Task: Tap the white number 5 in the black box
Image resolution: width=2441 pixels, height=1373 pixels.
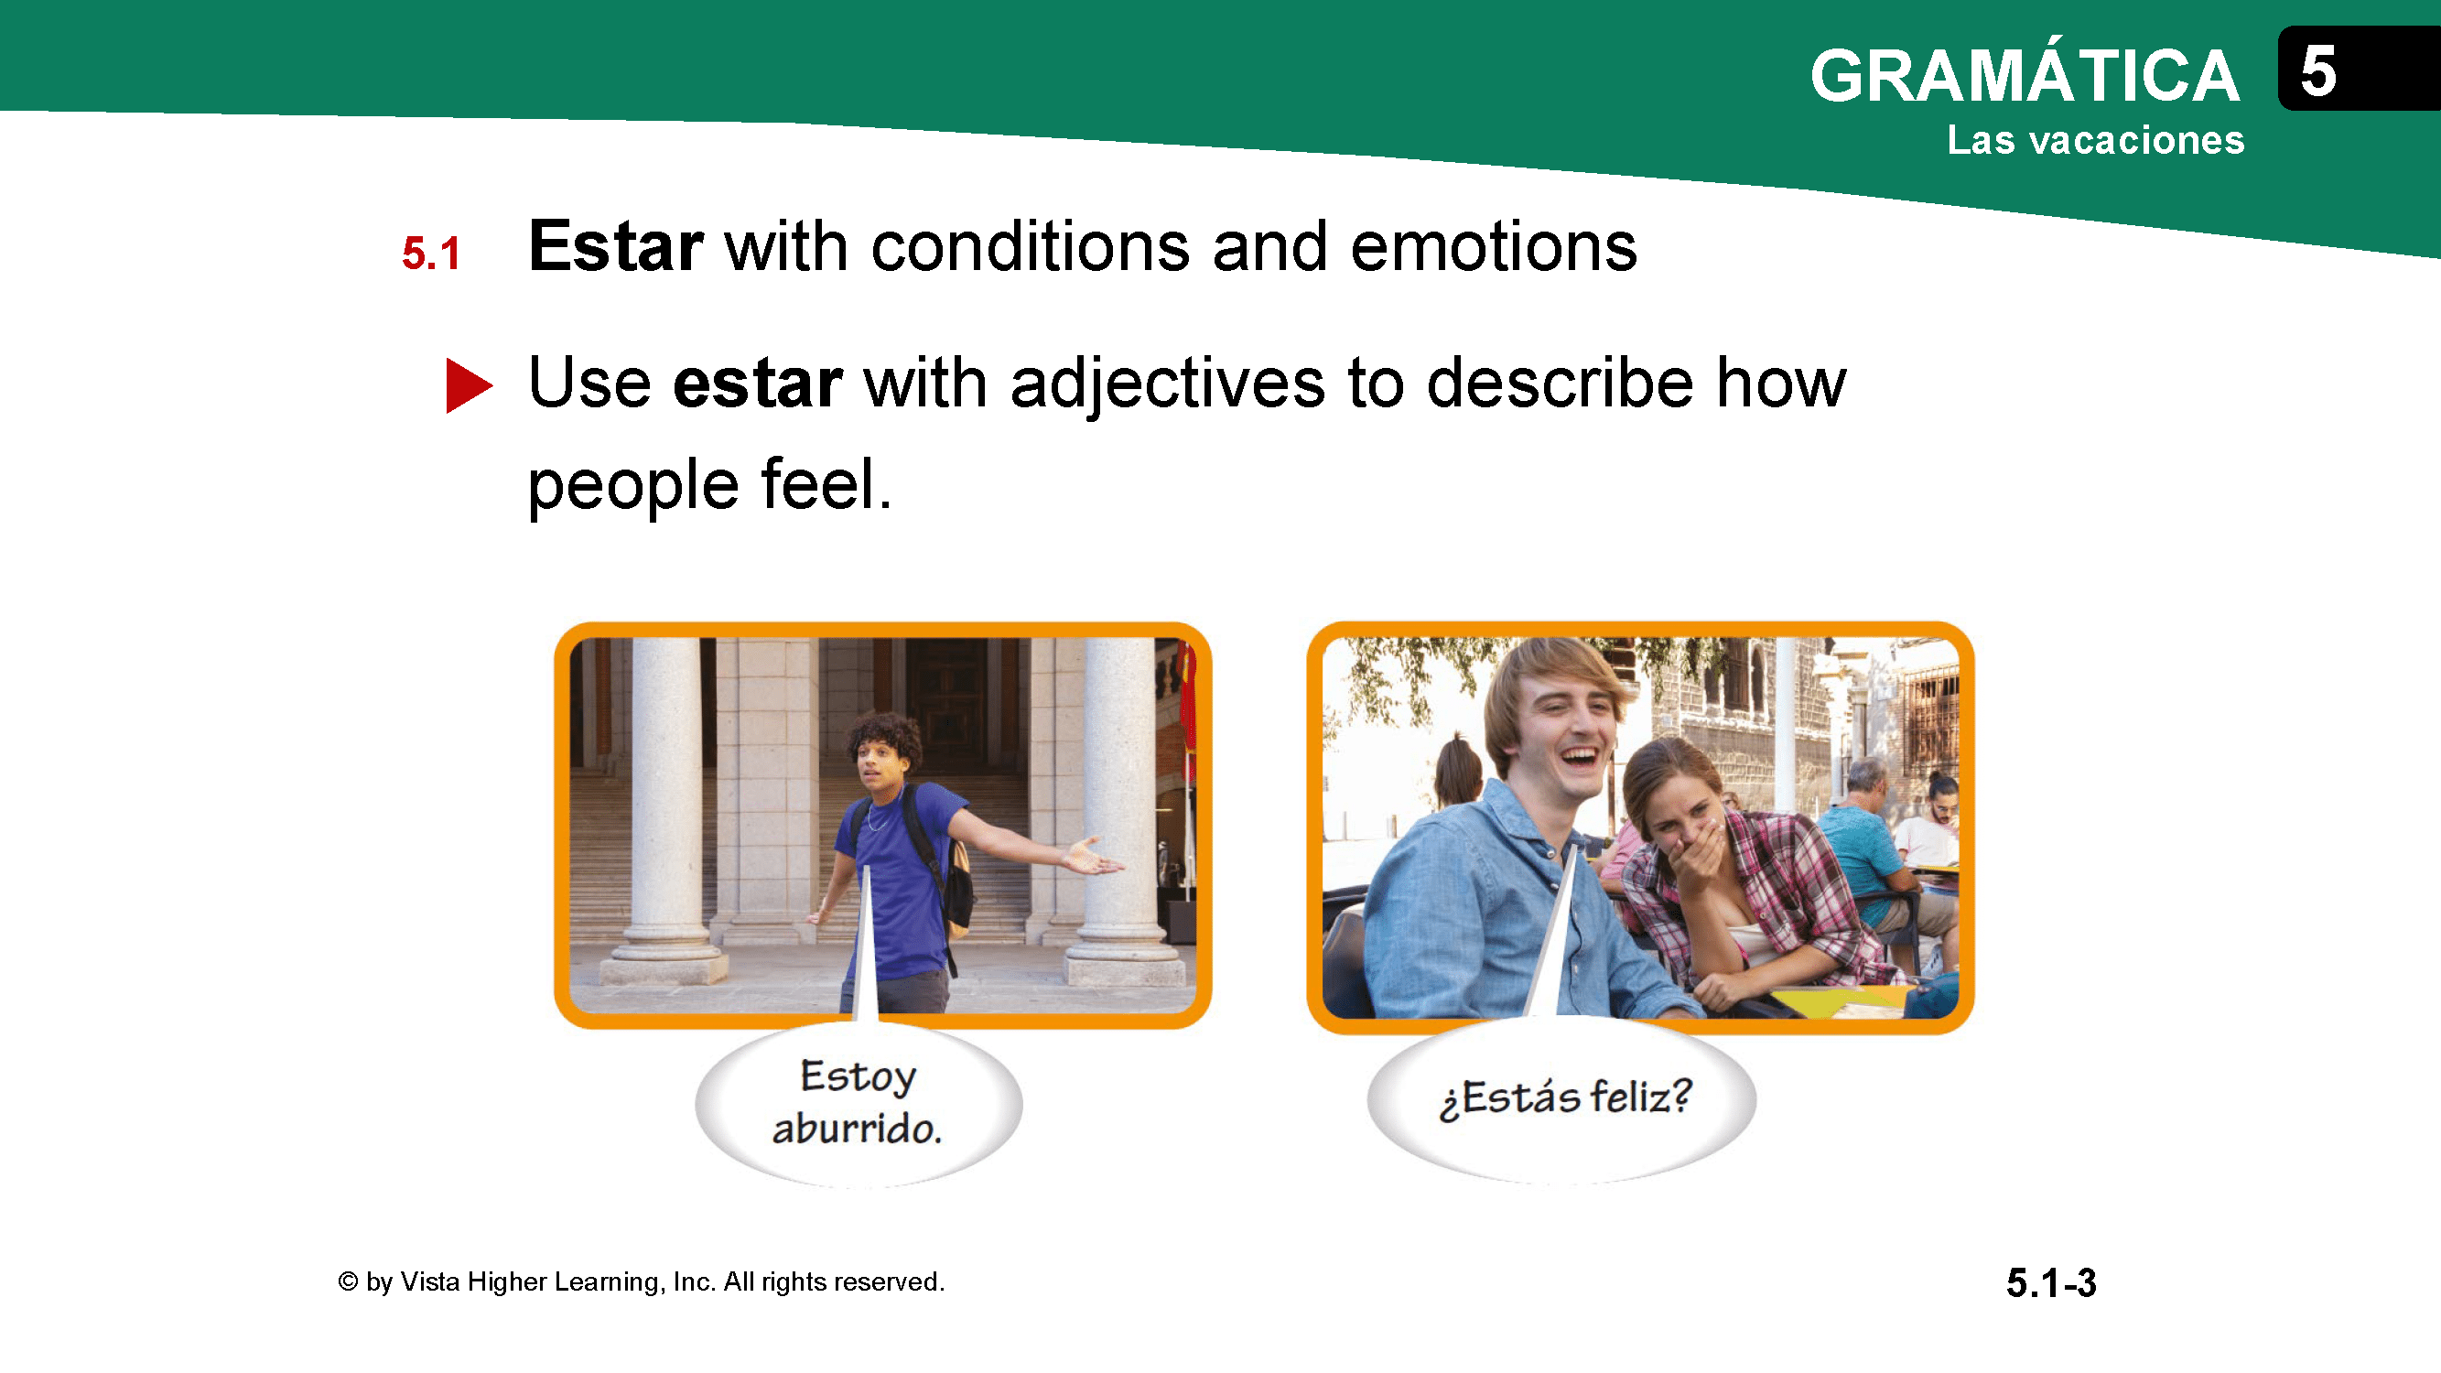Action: click(x=2317, y=71)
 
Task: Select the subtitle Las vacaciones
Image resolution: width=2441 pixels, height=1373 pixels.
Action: click(x=2095, y=140)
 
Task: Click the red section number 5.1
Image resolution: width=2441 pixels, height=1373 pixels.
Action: click(x=431, y=253)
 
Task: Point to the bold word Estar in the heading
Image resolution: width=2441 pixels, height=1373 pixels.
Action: click(x=616, y=246)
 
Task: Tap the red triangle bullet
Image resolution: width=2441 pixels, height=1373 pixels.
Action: click(x=469, y=385)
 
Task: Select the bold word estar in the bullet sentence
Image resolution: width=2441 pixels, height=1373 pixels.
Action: click(x=758, y=384)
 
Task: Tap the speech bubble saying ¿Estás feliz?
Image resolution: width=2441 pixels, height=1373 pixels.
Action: click(x=1561, y=1099)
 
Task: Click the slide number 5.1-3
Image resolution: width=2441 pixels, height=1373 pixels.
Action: click(x=2050, y=1283)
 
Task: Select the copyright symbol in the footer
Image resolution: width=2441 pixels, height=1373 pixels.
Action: click(x=348, y=1281)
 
